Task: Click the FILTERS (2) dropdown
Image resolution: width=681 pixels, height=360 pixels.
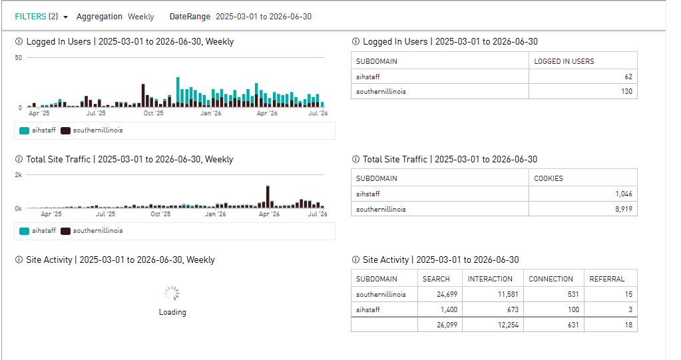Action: [x=41, y=17]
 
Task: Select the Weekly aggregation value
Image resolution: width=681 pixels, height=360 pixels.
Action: [x=140, y=17]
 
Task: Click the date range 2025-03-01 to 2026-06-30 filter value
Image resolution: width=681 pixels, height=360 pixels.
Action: [x=264, y=17]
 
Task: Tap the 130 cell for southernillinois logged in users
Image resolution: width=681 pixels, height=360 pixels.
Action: [x=583, y=91]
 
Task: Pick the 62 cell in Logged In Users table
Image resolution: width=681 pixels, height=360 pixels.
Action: [x=583, y=77]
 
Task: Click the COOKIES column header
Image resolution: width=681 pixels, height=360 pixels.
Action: [x=548, y=178]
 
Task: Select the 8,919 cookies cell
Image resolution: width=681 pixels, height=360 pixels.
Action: [x=583, y=209]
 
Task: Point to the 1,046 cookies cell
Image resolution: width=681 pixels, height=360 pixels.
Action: [x=583, y=194]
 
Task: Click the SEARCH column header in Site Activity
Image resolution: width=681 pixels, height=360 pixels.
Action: [x=436, y=279]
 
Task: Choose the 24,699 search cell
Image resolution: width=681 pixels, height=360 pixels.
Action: [x=440, y=294]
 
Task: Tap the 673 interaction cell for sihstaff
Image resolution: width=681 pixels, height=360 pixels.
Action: [x=493, y=309]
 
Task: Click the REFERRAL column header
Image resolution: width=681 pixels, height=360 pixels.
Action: [x=606, y=279]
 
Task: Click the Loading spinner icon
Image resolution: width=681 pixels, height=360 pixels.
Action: [x=172, y=293]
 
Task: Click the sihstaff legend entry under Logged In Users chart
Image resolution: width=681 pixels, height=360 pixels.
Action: [x=38, y=130]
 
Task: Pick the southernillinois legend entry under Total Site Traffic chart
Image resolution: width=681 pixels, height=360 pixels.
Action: [x=92, y=231]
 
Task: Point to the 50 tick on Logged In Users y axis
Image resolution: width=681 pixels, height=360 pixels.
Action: [x=18, y=58]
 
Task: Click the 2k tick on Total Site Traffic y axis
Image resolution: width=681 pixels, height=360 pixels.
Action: [x=18, y=175]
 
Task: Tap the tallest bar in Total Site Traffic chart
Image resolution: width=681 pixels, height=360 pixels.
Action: [x=268, y=197]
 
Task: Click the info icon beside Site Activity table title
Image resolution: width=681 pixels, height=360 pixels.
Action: [x=355, y=260]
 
